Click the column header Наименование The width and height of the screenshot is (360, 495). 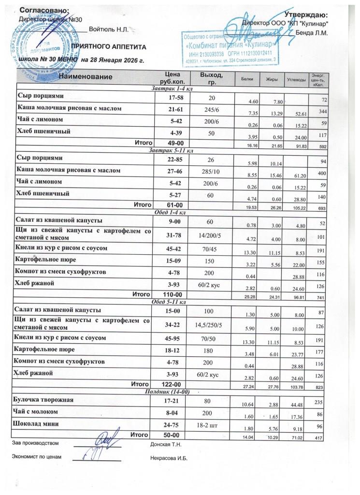[86, 77]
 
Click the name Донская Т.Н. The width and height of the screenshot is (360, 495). [166, 443]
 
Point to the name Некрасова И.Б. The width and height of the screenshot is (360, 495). [169, 458]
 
